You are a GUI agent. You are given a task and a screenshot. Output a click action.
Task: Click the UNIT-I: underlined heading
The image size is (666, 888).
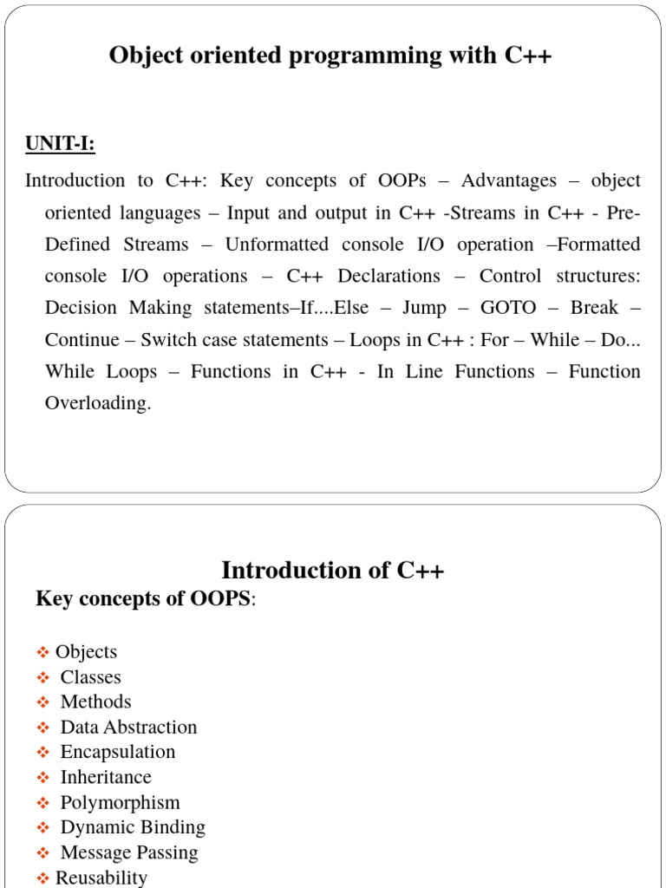60,143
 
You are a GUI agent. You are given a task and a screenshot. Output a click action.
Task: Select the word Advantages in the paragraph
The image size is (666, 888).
509,180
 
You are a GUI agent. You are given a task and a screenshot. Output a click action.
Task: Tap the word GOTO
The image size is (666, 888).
508,308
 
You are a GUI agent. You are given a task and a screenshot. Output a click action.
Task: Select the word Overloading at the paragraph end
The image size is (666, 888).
97,403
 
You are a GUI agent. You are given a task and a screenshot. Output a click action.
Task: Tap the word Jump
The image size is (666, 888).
424,308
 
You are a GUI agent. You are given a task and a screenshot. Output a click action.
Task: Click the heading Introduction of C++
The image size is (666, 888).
332,571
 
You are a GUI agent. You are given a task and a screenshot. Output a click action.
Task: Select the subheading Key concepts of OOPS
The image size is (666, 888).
144,598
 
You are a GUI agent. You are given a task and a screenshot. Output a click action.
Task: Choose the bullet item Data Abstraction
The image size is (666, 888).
128,727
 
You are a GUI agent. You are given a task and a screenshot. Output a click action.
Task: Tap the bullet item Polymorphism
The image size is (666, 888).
120,802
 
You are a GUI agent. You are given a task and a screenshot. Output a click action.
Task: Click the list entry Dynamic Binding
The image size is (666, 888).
133,827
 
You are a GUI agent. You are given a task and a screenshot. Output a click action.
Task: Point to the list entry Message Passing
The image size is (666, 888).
129,852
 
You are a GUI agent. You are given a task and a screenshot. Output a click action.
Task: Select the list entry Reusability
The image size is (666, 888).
101,878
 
